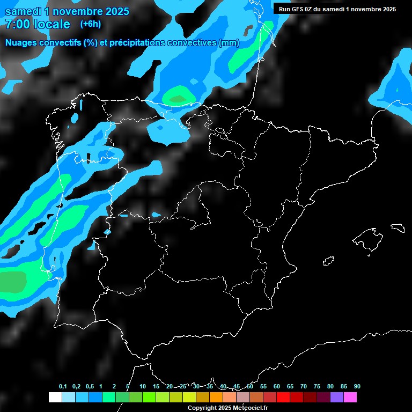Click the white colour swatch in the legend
(55, 397)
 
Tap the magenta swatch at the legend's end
(350, 397)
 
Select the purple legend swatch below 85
(336, 397)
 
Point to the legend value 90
(357, 387)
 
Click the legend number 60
(276, 387)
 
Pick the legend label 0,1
(63, 387)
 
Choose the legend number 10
(142, 387)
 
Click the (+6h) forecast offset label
(90, 24)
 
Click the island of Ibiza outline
(328, 261)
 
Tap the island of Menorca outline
(397, 227)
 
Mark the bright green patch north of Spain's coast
(178, 98)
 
